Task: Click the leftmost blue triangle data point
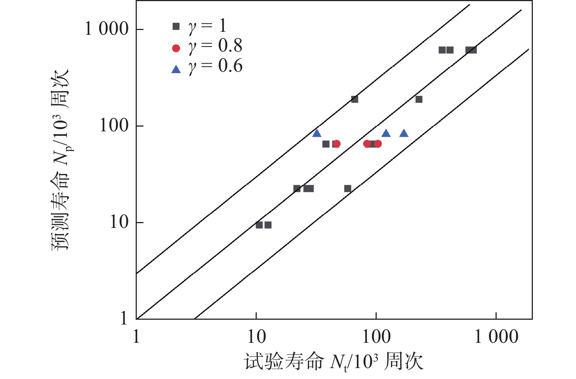(317, 134)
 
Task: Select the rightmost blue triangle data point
(404, 134)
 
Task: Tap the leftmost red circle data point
(336, 144)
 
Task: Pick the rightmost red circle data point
(378, 144)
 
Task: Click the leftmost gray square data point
(259, 225)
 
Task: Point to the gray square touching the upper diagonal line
(354, 99)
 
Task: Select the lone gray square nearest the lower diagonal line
(348, 189)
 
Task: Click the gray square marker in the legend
(176, 26)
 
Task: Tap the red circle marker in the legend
(176, 48)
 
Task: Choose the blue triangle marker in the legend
(176, 69)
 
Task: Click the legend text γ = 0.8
(215, 46)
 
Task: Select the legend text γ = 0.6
(215, 67)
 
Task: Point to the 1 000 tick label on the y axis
(107, 29)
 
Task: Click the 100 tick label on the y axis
(114, 126)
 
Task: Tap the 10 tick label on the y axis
(119, 222)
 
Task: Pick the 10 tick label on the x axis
(256, 337)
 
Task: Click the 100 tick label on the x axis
(376, 337)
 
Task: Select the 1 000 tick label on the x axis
(496, 337)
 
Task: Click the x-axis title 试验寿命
(284, 362)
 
